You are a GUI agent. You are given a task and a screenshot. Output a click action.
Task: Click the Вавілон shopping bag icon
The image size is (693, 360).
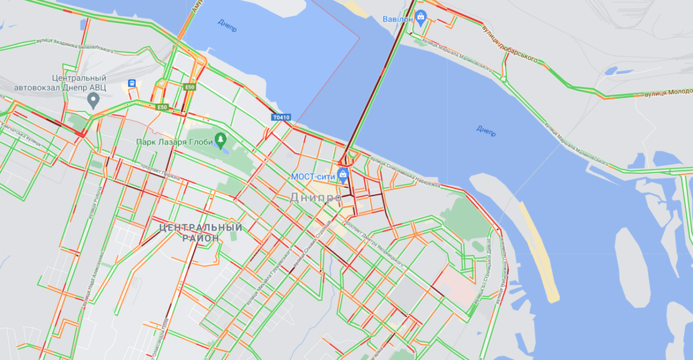click(421, 18)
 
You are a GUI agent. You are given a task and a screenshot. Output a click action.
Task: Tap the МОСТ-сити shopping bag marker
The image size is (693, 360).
click(343, 175)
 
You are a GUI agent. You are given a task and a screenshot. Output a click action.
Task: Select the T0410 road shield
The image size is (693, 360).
click(281, 118)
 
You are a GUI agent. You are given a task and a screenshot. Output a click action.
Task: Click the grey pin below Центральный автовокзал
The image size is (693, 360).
click(92, 101)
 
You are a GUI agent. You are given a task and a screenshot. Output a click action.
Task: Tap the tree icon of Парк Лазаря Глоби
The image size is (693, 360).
click(219, 140)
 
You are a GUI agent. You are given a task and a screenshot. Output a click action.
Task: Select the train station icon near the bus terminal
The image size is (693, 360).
click(132, 83)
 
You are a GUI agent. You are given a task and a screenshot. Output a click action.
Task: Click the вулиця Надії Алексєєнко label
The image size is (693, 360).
click(91, 278)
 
